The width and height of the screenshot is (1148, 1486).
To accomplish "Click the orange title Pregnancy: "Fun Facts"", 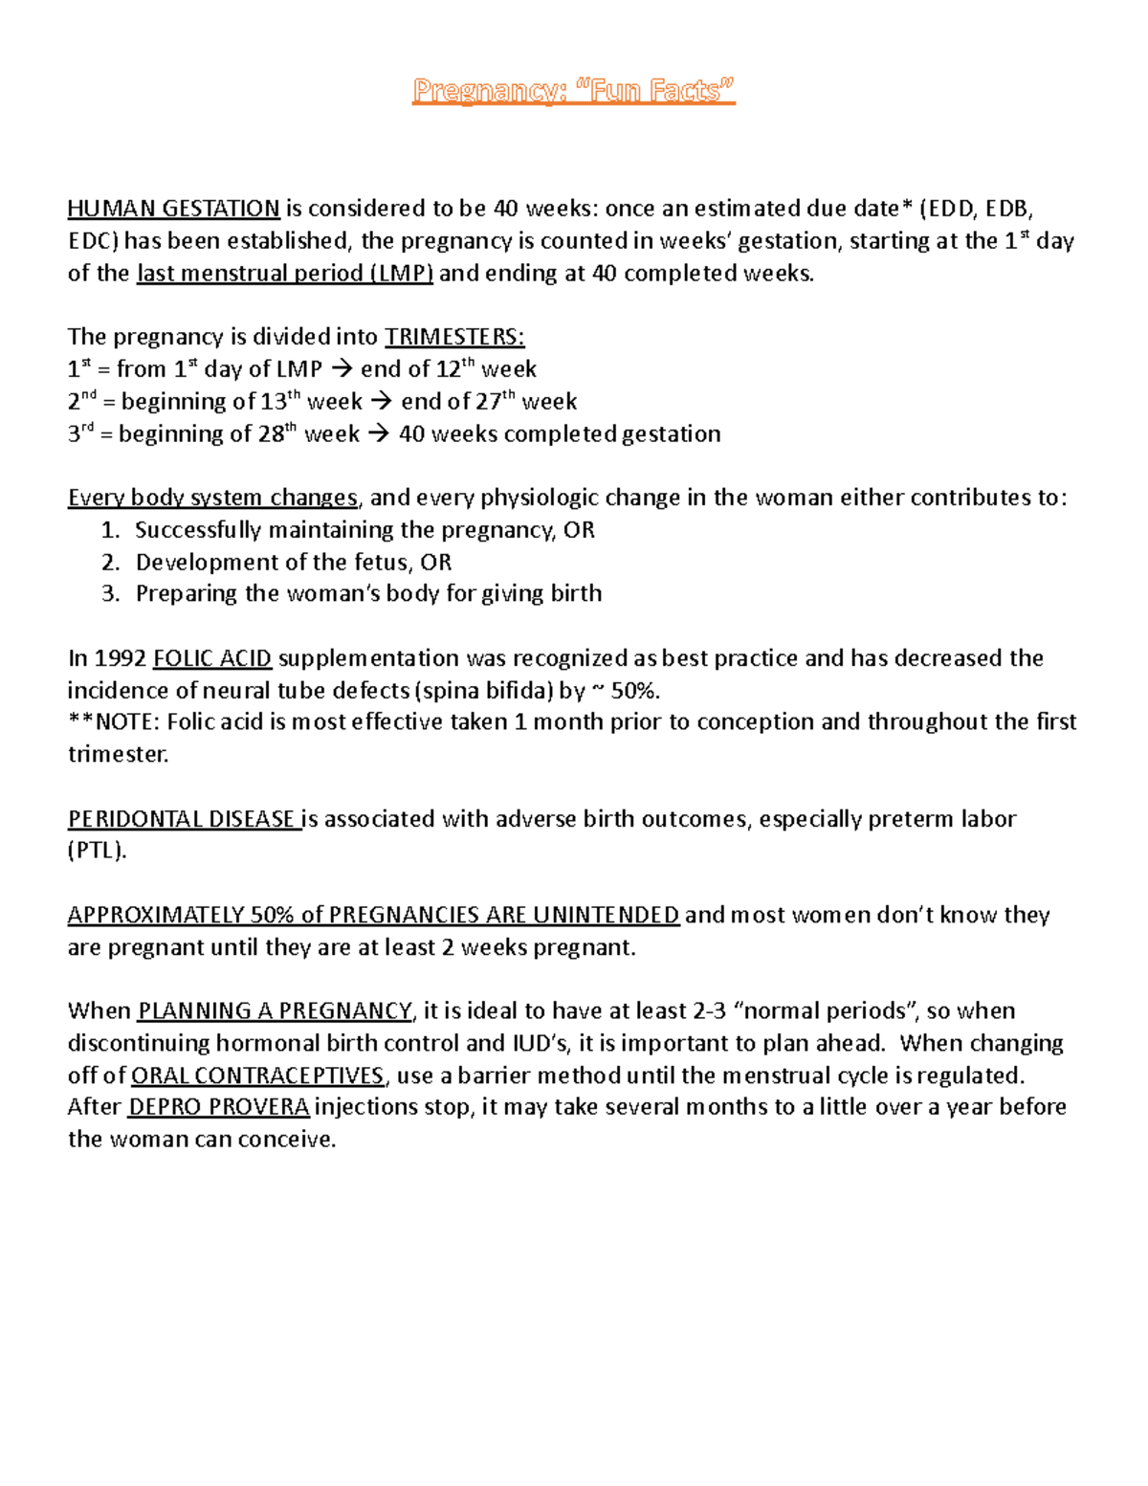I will [x=573, y=91].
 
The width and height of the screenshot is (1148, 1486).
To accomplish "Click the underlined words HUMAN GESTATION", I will [x=173, y=209].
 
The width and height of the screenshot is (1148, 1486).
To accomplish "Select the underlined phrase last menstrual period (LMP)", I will [x=285, y=274].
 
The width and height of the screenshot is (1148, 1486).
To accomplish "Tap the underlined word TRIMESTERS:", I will [x=454, y=337].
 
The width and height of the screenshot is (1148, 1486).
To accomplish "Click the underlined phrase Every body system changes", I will [x=212, y=498].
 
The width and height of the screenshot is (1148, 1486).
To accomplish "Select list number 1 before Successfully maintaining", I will [x=110, y=530].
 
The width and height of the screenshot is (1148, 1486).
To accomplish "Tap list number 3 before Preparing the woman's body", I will [x=110, y=594].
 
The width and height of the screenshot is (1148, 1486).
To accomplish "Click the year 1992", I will [x=121, y=658].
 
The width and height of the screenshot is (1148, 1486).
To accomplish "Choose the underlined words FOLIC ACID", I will [x=212, y=658].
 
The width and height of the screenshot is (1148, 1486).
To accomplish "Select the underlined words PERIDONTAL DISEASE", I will [x=183, y=819].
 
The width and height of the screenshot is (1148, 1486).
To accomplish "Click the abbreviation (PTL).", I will [x=97, y=851].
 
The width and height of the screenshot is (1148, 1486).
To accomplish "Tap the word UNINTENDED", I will [x=606, y=916].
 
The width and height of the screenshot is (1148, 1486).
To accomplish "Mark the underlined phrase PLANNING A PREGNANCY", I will [x=275, y=1011].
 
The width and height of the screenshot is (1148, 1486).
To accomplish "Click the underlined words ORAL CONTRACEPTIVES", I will [x=257, y=1076].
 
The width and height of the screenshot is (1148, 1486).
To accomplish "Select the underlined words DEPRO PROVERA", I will [x=218, y=1107].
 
